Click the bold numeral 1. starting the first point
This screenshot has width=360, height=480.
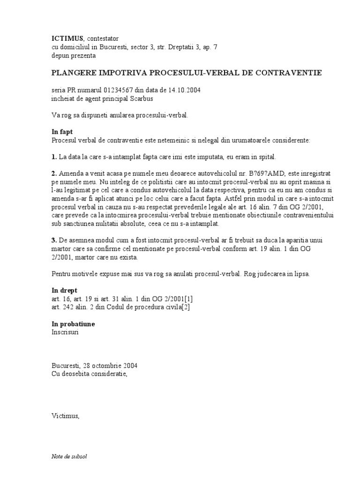[54, 157]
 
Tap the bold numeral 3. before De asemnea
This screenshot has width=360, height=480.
[54, 240]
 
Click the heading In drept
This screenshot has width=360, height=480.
[64, 290]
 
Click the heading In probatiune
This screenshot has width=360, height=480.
[72, 324]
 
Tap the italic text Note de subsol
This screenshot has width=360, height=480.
[69, 457]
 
